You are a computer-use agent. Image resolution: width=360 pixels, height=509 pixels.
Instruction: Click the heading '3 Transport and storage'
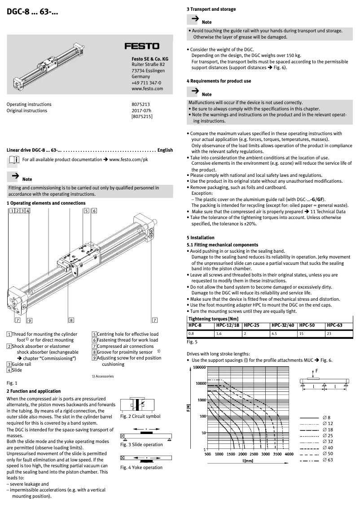click(x=211, y=9)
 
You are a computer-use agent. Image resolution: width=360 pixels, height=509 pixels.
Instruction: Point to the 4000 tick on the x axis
click(x=289, y=454)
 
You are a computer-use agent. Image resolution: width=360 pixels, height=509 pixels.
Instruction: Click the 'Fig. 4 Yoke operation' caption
click(x=141, y=467)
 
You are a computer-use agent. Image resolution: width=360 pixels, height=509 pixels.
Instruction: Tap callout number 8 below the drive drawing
click(x=71, y=320)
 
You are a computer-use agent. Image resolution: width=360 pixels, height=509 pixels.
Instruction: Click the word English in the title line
click(x=165, y=150)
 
